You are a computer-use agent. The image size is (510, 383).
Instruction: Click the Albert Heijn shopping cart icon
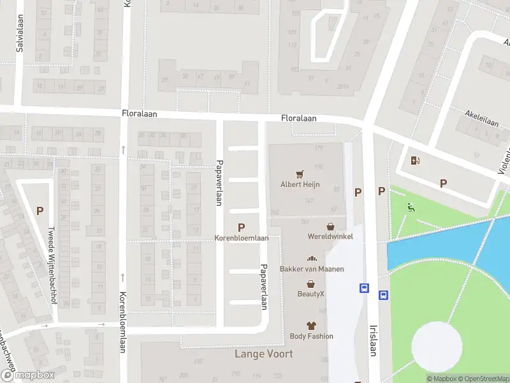[x=300, y=173]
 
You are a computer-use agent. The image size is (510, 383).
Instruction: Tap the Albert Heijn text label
[x=300, y=185]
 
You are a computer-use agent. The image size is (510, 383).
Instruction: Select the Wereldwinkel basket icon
[x=330, y=226]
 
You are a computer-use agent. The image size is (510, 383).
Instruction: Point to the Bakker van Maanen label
[x=312, y=269]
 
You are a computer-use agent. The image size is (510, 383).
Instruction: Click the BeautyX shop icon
[x=311, y=283]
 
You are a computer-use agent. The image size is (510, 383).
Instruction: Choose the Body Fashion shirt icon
[x=311, y=326]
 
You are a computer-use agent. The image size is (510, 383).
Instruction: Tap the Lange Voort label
[x=264, y=354]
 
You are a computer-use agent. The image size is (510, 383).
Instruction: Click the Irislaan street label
[x=374, y=339]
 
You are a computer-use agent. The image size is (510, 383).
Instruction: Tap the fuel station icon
[x=415, y=161]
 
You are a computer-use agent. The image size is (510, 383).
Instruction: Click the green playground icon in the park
[x=411, y=206]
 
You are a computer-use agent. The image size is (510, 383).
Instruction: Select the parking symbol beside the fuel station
[x=444, y=184]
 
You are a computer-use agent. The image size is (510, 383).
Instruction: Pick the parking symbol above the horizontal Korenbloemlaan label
[x=241, y=227]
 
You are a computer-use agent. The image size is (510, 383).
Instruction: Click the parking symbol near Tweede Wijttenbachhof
[x=40, y=211]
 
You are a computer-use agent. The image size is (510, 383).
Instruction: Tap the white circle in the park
[x=436, y=346]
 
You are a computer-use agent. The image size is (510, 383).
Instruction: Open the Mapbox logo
[x=27, y=376]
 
